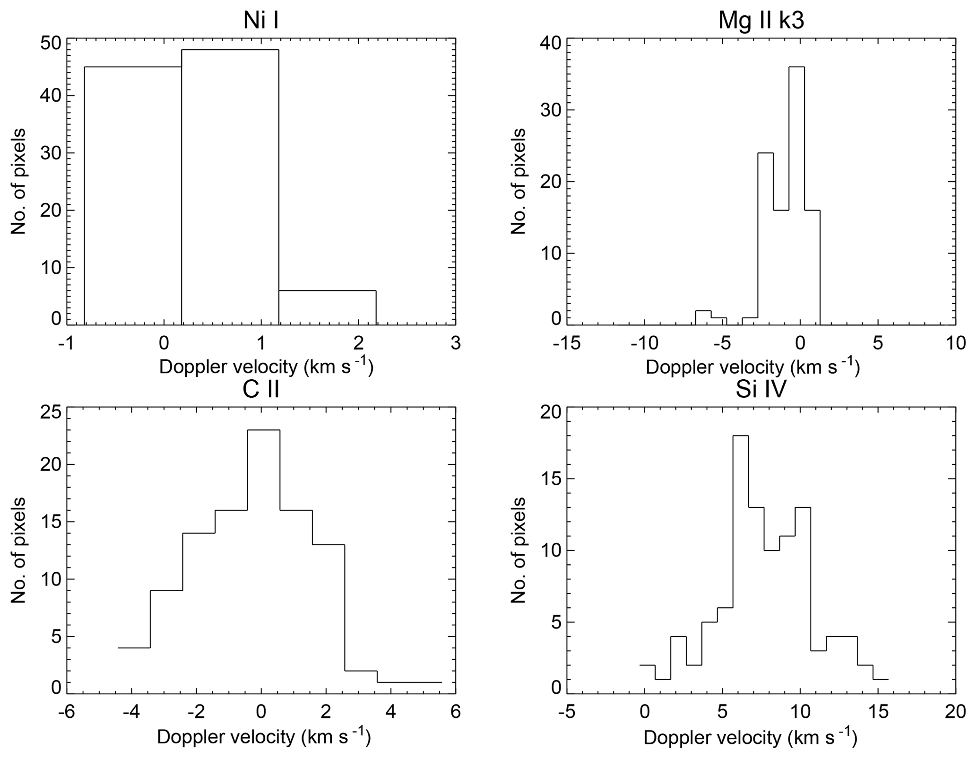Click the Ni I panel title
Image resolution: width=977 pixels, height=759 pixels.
click(260, 20)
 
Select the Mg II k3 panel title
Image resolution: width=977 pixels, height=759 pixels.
click(761, 20)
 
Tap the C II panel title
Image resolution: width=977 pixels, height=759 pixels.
click(260, 389)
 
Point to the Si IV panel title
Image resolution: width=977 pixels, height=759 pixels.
click(761, 389)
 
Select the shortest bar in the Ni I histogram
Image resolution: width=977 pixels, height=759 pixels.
click(327, 307)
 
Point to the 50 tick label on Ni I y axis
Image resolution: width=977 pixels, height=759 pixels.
click(50, 43)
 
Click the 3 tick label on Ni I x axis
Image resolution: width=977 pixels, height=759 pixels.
click(455, 343)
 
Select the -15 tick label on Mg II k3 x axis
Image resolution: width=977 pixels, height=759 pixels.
click(566, 343)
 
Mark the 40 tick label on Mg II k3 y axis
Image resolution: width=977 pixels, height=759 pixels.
click(550, 43)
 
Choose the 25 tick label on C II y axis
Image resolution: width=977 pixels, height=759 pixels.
click(50, 412)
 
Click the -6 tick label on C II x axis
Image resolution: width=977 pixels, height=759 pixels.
click(66, 712)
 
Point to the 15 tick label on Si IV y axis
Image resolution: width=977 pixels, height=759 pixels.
click(550, 480)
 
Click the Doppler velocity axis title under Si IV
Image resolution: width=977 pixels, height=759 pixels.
click(750, 738)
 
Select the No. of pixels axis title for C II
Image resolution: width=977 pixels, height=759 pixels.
click(18, 550)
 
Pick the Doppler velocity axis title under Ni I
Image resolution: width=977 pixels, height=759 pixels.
click(266, 367)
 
